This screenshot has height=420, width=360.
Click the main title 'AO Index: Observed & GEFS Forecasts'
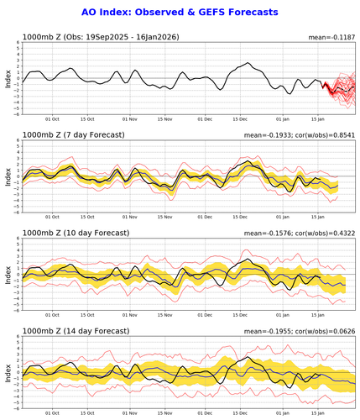(180, 13)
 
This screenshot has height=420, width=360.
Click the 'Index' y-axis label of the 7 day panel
(8, 176)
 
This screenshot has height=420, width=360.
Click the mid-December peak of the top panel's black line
(249, 63)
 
